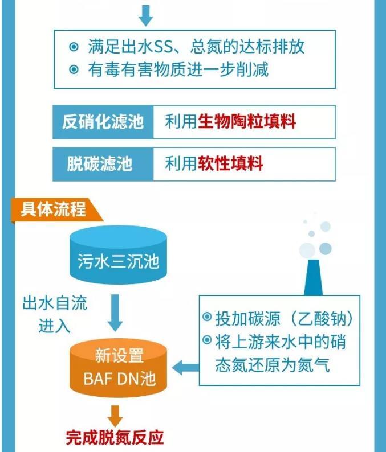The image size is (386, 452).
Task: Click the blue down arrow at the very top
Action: pos(146,15)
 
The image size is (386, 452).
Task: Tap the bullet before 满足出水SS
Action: pos(74,47)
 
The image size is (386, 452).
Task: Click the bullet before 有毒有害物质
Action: pos(74,69)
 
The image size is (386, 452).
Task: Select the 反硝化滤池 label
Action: pos(103,122)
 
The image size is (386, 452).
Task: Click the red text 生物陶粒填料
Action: pos(247,122)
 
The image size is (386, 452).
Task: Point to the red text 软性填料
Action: pos(230,163)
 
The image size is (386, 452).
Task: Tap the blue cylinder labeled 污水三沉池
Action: pos(119,255)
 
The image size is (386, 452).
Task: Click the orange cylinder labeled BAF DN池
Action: pos(119,368)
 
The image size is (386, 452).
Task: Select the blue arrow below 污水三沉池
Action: pos(115,313)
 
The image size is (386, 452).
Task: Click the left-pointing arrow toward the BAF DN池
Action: pos(186,368)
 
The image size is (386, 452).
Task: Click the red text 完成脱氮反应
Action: pos(115,438)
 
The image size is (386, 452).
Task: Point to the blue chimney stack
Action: pos(313,277)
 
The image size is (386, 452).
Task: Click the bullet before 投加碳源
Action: pos(207,317)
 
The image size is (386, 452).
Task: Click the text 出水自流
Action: pos(55,303)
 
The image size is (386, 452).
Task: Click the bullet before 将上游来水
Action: pos(207,340)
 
